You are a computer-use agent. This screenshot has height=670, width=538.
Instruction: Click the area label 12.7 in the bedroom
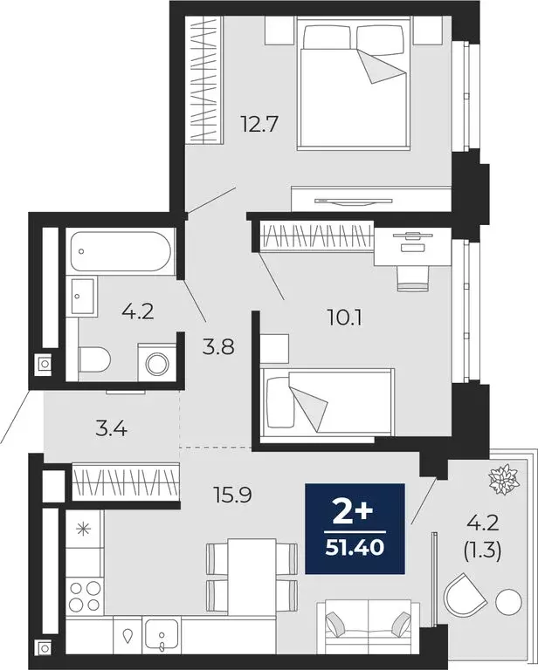click(x=259, y=124)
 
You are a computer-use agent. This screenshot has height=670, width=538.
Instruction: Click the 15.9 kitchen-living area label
click(x=231, y=495)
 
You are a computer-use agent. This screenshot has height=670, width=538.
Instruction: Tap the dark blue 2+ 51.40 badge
click(x=355, y=528)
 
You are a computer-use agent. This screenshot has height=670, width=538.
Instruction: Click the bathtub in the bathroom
click(x=121, y=251)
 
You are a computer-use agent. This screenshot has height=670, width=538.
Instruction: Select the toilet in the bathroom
click(x=93, y=359)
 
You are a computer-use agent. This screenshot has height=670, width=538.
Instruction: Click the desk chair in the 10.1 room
click(x=413, y=277)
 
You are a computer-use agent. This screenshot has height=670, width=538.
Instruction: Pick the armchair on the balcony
click(x=461, y=597)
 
